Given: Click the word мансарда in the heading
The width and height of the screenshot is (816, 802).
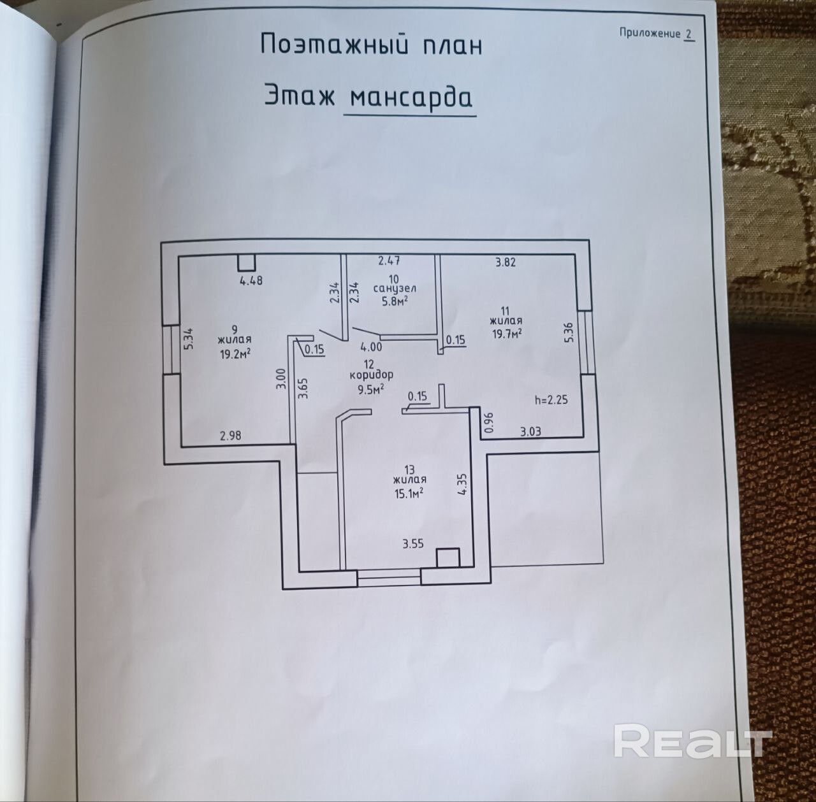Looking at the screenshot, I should coord(411,97).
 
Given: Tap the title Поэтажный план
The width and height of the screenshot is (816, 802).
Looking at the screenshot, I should coord(371,45).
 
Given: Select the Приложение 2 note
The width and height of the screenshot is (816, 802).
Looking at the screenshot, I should coord(656,34).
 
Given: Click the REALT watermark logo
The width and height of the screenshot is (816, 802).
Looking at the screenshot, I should coord(693,740).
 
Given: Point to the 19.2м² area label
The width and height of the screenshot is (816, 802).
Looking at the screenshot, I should coord(235,354).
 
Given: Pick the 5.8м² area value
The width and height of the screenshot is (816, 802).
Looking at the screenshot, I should coord(395,301).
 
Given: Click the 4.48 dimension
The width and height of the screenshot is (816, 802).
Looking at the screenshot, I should coord(251,279).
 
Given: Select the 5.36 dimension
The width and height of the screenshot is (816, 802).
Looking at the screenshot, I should coord(569,333).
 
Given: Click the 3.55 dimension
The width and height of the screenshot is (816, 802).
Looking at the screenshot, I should coord(412,544).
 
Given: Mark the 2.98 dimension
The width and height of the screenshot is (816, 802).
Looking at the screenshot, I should coord(231,436).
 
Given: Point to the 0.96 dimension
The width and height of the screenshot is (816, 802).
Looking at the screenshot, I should coord(489,423).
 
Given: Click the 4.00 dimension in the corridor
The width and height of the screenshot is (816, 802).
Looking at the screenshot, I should coord(372,347).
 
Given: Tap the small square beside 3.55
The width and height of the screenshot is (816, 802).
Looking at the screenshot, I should coord(448,557).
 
